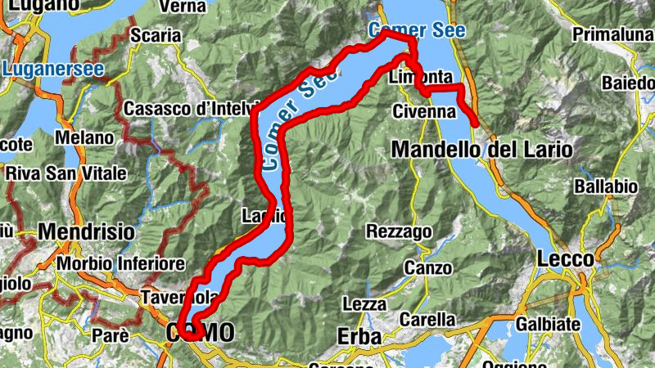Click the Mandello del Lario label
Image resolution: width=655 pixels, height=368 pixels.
[x=482, y=150]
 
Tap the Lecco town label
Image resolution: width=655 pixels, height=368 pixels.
[x=566, y=258]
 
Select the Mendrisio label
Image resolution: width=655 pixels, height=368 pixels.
[x=86, y=231]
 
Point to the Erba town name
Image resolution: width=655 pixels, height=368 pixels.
[x=359, y=336]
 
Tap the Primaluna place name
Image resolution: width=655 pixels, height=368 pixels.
[x=611, y=34]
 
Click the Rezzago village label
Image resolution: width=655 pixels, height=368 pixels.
[x=399, y=231]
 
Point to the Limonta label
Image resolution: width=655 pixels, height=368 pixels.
[x=422, y=77]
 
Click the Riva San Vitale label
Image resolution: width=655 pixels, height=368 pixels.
[x=66, y=173]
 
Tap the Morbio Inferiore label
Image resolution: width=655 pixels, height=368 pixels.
[x=121, y=264]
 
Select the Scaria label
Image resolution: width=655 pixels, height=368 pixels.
[x=156, y=35]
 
